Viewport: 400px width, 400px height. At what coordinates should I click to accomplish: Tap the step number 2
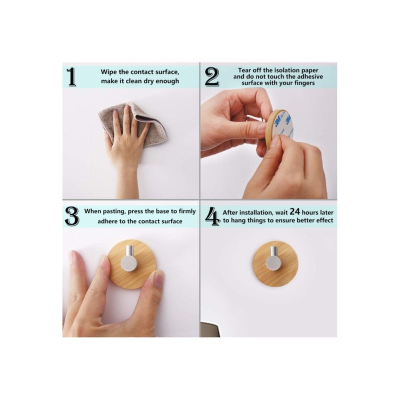[212, 77]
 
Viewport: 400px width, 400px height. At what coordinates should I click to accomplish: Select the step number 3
[72, 215]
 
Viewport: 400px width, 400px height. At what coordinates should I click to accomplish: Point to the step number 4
[212, 215]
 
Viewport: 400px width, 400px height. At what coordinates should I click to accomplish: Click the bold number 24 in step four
[278, 211]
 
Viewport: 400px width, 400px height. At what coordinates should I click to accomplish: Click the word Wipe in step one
[109, 72]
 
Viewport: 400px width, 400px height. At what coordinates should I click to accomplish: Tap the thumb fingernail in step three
[159, 278]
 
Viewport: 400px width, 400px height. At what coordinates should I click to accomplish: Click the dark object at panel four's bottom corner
[209, 329]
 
